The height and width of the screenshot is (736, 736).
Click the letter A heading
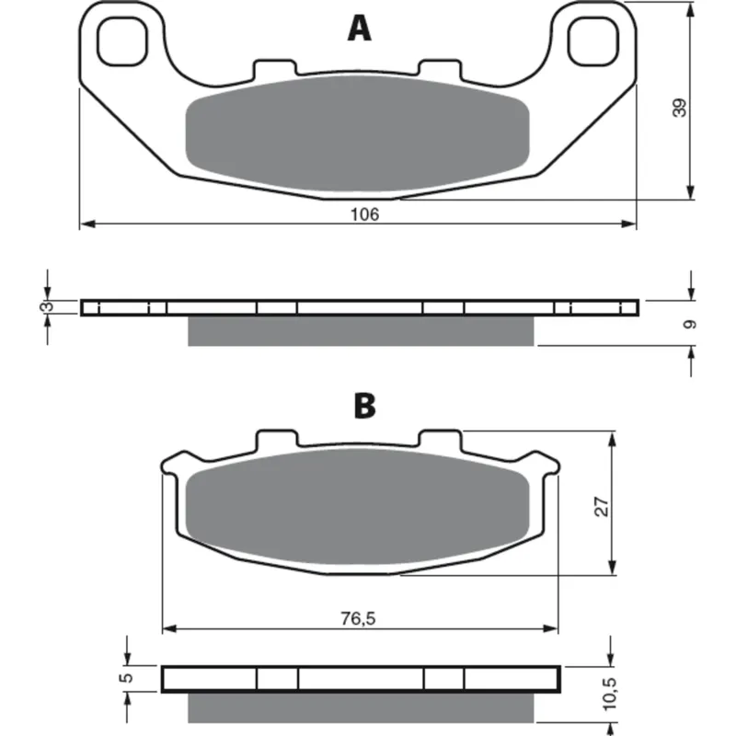tap(360, 29)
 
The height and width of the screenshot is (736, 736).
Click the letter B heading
tap(364, 406)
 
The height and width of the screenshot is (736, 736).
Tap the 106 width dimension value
tap(364, 214)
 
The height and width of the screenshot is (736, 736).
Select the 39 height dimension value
tap(679, 108)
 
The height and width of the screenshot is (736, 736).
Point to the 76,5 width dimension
tap(358, 618)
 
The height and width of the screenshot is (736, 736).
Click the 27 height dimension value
tap(602, 507)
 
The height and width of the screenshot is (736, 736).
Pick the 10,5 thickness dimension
tap(609, 694)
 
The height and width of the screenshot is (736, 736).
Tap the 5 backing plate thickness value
tap(127, 678)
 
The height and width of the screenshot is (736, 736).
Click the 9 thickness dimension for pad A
tap(690, 325)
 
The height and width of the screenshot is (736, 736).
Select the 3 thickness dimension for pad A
tap(48, 307)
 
